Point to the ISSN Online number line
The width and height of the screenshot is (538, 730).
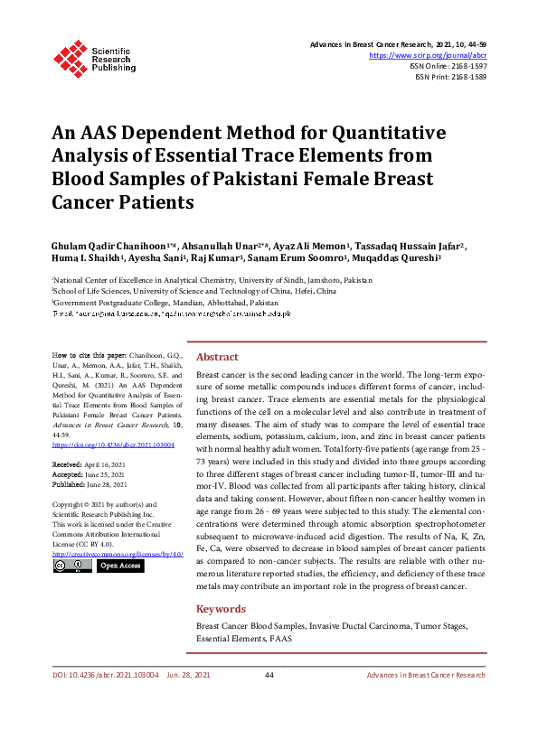(449, 66)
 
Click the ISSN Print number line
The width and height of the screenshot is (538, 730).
(451, 77)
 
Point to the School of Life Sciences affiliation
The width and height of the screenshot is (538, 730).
(194, 292)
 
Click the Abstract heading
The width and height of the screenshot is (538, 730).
(217, 357)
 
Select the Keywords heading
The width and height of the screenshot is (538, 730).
(222, 609)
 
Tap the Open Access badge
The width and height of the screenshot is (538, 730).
(119, 566)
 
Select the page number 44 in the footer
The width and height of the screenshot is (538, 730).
(269, 700)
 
